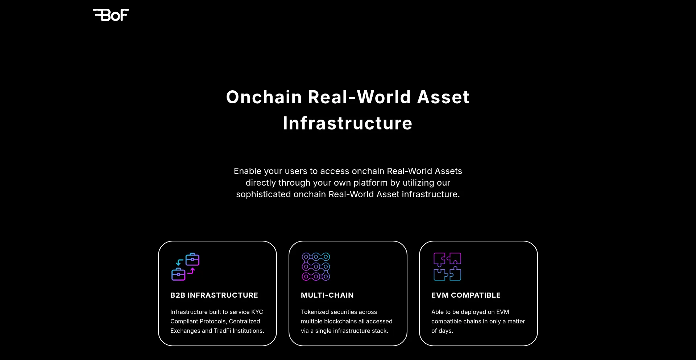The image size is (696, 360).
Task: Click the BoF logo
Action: pos(111,15)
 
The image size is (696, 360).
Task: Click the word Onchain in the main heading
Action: pos(264,97)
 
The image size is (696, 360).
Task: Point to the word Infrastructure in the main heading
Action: pos(348,123)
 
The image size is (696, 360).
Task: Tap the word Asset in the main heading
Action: pos(443,97)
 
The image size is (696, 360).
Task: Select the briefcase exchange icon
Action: pos(185,266)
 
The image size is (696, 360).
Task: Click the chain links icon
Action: pos(316,266)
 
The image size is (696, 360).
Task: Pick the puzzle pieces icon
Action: pos(447,266)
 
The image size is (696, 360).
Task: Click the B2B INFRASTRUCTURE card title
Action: pos(214,295)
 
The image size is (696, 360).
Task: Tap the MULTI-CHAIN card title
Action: pos(327,295)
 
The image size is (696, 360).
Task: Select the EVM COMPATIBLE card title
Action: pos(466,295)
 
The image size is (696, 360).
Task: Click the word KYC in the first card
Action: pos(257,312)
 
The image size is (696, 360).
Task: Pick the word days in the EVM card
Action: pos(446,331)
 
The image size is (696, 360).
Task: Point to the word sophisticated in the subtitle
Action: pos(264,194)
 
